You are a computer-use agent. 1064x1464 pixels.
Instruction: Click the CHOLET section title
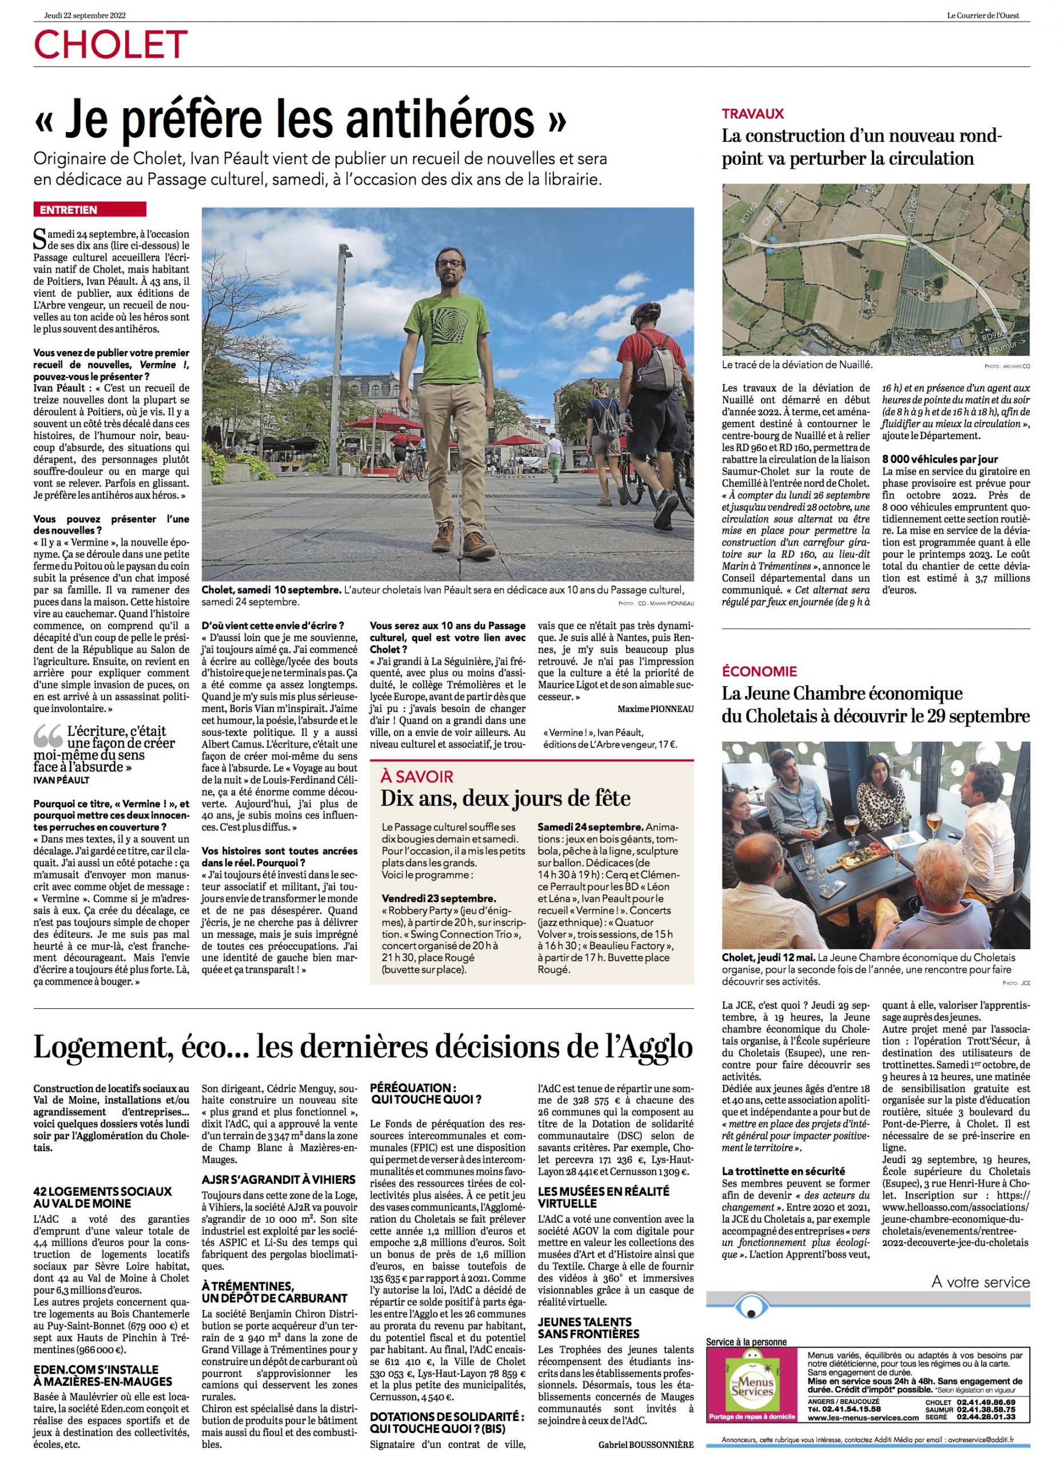click(110, 45)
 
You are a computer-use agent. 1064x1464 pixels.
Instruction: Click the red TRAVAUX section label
click(752, 114)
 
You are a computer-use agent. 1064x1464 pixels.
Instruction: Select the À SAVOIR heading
click(417, 777)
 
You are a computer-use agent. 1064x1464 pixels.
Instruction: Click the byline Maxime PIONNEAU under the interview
click(655, 709)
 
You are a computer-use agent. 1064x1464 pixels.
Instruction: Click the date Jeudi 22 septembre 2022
click(85, 15)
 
